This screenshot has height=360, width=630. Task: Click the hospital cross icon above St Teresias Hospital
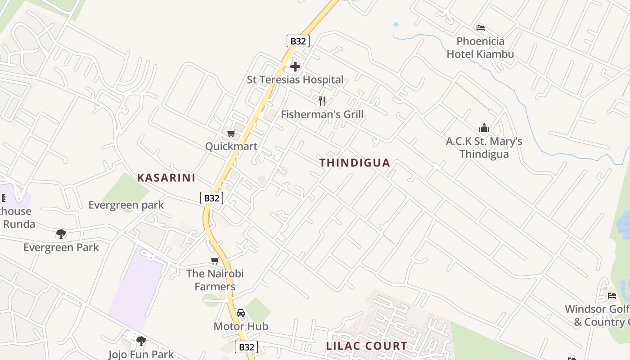point(295,67)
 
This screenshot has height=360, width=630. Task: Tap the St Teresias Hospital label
point(295,80)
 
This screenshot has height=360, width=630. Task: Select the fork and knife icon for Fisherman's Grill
point(322,101)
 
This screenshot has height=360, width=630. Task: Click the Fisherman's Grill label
point(322,114)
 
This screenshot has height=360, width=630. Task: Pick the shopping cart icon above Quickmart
point(231,133)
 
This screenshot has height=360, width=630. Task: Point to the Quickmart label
point(231,146)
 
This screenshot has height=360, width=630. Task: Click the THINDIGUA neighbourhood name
point(355,163)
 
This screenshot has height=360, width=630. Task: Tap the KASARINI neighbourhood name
point(166,178)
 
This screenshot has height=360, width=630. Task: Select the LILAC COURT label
point(366,346)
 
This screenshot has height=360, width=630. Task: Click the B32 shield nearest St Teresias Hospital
point(298,41)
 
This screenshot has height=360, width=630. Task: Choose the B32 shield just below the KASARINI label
point(211,198)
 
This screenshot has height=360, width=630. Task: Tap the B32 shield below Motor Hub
point(247,347)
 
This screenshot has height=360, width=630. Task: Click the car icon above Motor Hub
point(241,313)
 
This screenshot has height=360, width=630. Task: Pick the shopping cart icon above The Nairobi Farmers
point(215,261)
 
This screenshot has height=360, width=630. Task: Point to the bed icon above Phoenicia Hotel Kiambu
point(481,28)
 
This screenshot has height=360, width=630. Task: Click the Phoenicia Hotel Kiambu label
point(480,48)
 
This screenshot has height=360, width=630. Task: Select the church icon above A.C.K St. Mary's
point(484,128)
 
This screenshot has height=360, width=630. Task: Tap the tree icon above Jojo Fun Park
point(141,341)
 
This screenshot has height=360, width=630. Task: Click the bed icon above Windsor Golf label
point(612,296)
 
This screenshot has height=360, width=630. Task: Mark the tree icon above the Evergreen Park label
point(61,234)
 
